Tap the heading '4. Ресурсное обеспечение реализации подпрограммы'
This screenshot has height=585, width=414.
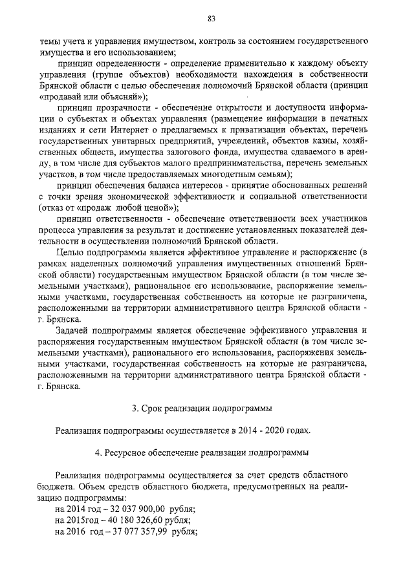pos(201,452)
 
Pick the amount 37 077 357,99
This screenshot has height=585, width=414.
pos(136,531)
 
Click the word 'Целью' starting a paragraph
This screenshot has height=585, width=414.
pos(70,252)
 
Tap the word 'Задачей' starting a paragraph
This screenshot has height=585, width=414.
pos(72,330)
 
